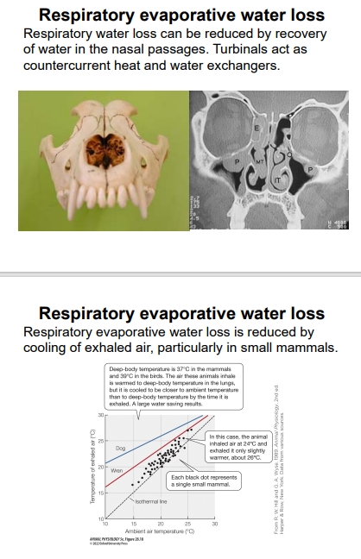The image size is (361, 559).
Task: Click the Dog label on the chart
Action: (120, 449)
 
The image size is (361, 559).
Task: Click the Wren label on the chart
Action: (117, 470)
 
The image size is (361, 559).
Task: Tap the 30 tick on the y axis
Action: (99, 415)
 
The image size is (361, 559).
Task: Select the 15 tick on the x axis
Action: (133, 523)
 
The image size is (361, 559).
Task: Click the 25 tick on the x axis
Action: (188, 523)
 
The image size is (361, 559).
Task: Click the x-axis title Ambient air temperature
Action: (160, 530)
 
